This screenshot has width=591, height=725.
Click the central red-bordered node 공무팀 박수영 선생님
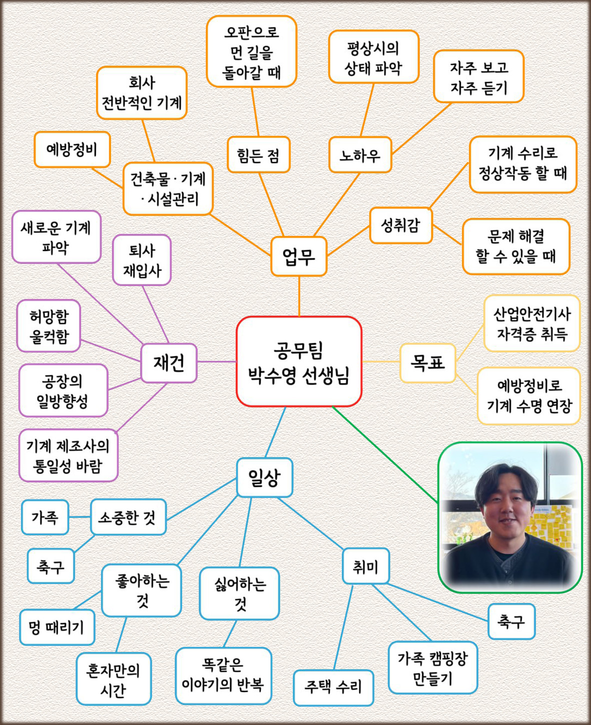tap(299, 361)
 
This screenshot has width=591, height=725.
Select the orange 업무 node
tap(299, 256)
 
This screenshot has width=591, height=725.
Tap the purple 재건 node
tap(169, 363)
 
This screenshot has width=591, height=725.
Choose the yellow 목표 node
tap(427, 363)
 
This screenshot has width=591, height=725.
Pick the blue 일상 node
tap(265, 477)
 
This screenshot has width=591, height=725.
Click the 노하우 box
tap(360, 155)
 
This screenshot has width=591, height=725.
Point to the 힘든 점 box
tap(259, 155)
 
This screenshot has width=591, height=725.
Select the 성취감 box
tap(401, 225)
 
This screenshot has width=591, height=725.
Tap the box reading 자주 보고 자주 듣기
tap(478, 76)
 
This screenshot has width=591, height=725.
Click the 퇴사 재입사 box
tap(142, 260)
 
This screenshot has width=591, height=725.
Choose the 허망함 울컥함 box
tap(49, 325)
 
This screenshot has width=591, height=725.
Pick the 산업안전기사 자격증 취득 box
tap(532, 323)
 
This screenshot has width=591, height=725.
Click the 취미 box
tap(366, 566)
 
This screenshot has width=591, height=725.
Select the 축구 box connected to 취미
tap(511, 621)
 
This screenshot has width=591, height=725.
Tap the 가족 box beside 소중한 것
tap(45, 517)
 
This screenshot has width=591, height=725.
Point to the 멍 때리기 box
tap(57, 627)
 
